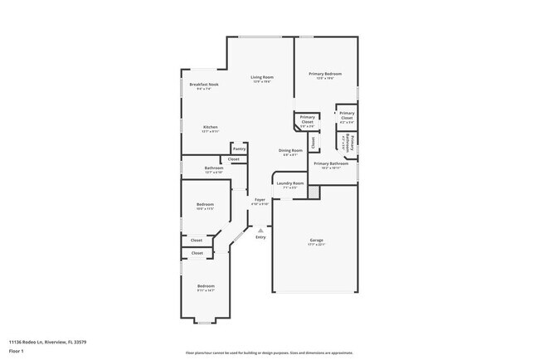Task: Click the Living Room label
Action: pyautogui.click(x=262, y=77)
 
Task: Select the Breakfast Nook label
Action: pyautogui.click(x=203, y=85)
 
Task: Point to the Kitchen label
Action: pyautogui.click(x=210, y=127)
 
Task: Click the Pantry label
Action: pyautogui.click(x=239, y=148)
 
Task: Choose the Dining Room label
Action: pyautogui.click(x=290, y=150)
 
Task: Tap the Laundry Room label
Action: pyautogui.click(x=290, y=183)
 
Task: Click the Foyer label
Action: pyautogui.click(x=260, y=200)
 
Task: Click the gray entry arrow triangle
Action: pyautogui.click(x=260, y=230)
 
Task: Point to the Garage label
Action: pyautogui.click(x=316, y=241)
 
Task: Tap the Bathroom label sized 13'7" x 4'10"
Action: pyautogui.click(x=214, y=168)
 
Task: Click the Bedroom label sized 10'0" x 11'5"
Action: pyautogui.click(x=205, y=204)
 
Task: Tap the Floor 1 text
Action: pyautogui.click(x=17, y=352)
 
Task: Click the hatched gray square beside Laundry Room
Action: pyautogui.click(x=313, y=192)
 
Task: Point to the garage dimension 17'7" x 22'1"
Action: pyautogui.click(x=316, y=246)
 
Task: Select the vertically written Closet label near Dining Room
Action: pyautogui.click(x=313, y=142)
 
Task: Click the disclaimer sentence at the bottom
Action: pyautogui.click(x=269, y=352)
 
